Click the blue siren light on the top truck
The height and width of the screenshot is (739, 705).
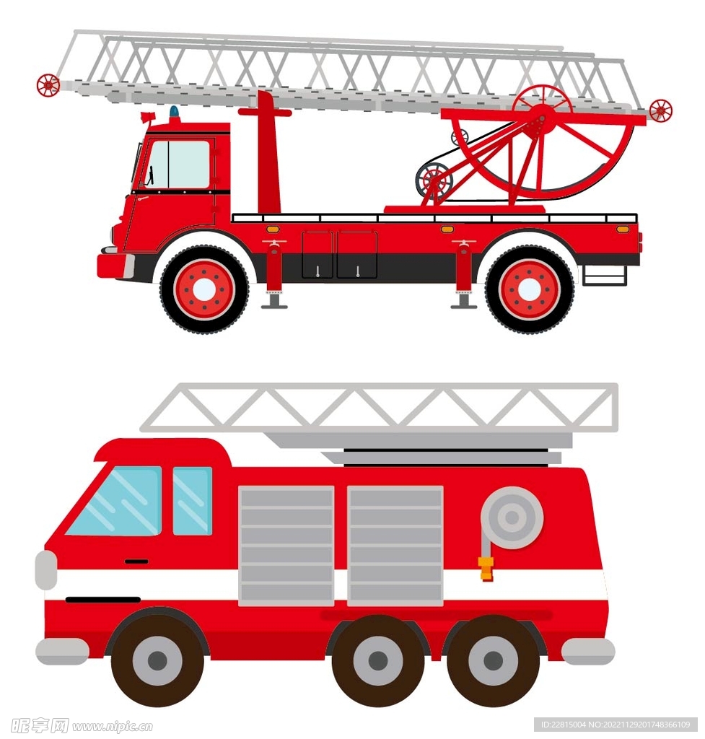(175, 112)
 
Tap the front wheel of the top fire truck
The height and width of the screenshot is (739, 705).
(203, 289)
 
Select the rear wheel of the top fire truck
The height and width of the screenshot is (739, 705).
(529, 289)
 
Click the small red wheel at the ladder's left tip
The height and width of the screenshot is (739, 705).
(48, 85)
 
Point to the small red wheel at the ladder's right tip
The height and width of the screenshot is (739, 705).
(661, 110)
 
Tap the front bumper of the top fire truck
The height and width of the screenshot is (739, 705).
(115, 266)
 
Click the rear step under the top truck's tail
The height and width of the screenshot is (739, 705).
(605, 276)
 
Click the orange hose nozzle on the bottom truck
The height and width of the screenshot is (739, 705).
(486, 568)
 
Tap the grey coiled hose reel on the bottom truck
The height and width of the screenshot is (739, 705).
(512, 517)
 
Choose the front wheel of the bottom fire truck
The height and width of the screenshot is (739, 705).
(158, 660)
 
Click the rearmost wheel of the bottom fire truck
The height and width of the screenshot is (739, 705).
(493, 660)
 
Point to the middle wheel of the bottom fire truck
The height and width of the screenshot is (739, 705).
(378, 660)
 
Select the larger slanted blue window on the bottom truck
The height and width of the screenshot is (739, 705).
(115, 501)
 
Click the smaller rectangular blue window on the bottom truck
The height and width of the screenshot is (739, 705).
(192, 501)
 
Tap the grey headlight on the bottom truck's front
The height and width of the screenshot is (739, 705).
(45, 570)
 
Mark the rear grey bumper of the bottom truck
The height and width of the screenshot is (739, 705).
(587, 652)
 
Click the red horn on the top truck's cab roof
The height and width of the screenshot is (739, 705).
(147, 116)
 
